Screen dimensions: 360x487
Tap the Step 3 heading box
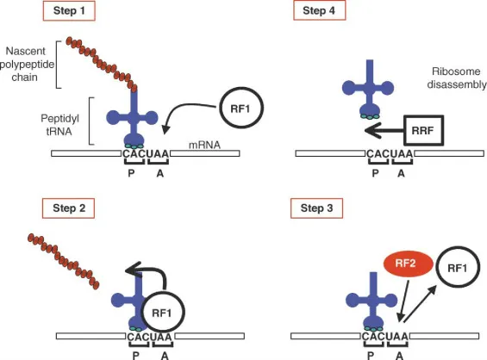pos(315,208)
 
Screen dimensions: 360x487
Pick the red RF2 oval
pos(406,266)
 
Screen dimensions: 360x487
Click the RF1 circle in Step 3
pos(458,269)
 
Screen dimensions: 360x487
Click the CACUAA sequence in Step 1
pos(146,154)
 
